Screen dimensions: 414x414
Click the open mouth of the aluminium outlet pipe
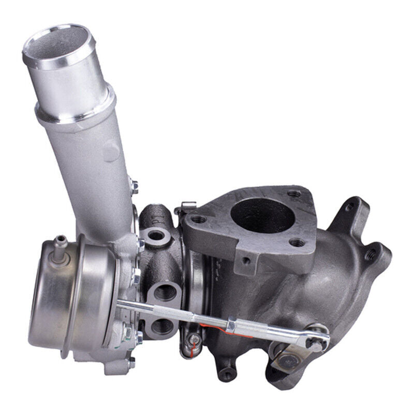point(57,44)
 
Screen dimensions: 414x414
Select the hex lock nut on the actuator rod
point(231,324)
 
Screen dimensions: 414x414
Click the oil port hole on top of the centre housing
point(154,235)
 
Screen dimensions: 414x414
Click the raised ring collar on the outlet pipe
point(75,106)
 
